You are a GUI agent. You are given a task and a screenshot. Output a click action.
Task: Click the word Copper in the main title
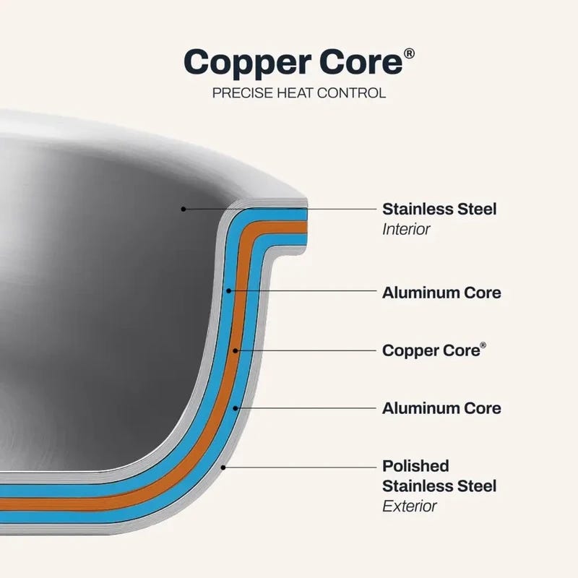coord(249,63)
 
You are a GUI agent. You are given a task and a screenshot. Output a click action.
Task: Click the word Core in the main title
coord(361,61)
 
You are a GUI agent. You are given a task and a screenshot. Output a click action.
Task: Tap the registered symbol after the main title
coord(409,53)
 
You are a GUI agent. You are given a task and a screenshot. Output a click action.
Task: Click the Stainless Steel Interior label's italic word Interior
coord(406,229)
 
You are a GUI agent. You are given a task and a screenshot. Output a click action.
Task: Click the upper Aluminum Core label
coord(441,293)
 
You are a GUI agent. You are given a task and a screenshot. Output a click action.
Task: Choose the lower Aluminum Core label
coord(441,408)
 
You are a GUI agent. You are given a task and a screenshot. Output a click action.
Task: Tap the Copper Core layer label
coord(434,350)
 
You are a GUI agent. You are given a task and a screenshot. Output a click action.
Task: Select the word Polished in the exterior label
coord(416,466)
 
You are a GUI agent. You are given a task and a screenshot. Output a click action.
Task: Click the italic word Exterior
coord(410,506)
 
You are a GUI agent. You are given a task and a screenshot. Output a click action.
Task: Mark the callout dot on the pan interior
coord(184,209)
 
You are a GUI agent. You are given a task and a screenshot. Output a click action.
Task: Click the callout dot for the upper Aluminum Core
coord(228,291)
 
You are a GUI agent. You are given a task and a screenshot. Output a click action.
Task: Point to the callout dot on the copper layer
coord(236,350)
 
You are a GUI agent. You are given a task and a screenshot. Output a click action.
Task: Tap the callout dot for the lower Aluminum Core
coord(236,408)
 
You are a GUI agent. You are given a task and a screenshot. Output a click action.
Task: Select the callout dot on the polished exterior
coord(223,467)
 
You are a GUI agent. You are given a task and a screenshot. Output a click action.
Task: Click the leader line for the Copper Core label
coord(306,350)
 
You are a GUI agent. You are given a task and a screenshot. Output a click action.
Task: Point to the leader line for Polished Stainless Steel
coord(299,467)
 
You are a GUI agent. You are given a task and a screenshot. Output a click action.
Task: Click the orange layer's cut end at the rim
coord(306,227)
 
